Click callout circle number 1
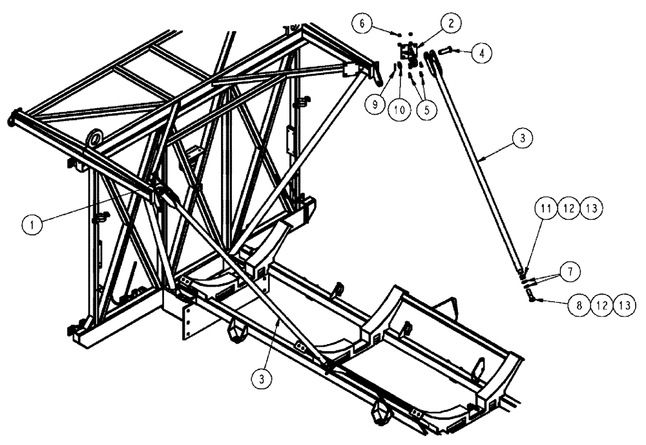(x=29, y=224)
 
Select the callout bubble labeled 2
(x=451, y=23)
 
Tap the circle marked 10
(x=400, y=109)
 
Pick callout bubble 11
(x=545, y=208)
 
